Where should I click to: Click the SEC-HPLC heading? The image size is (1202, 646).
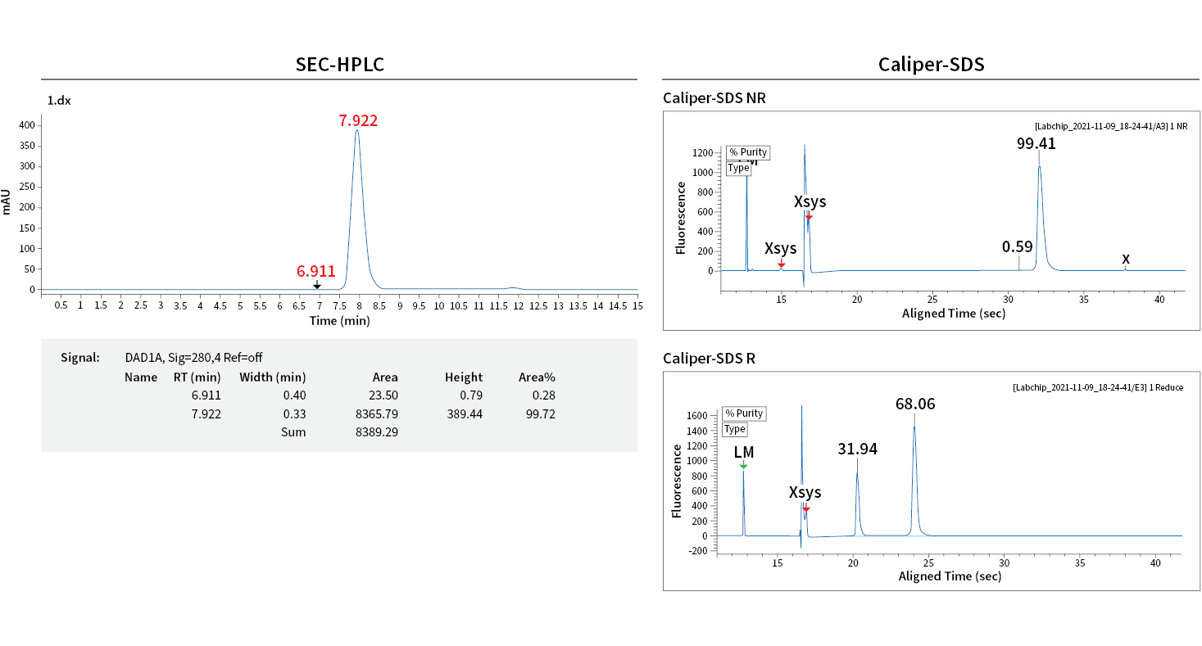339,65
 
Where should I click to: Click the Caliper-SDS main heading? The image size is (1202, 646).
931,65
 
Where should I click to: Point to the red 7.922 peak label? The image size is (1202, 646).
358,121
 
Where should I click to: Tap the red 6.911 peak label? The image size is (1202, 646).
316,271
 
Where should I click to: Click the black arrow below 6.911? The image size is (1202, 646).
317,285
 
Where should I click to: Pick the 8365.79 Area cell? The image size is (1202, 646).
377,414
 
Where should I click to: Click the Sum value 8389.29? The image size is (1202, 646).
377,431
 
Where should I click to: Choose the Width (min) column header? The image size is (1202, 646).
272,377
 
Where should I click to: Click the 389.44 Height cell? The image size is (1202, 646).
464,414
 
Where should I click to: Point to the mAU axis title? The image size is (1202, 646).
7,201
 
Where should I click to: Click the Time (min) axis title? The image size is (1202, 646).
339,321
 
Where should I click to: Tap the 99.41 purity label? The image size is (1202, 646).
1036,143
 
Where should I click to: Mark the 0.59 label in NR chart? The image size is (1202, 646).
1017,246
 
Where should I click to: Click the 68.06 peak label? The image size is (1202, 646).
914,404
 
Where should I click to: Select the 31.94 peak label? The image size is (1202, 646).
857,449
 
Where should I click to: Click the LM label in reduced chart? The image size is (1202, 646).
743,452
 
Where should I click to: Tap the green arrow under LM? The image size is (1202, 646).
743,465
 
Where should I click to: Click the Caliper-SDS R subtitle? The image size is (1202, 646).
709,358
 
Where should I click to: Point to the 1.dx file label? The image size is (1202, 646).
59,100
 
